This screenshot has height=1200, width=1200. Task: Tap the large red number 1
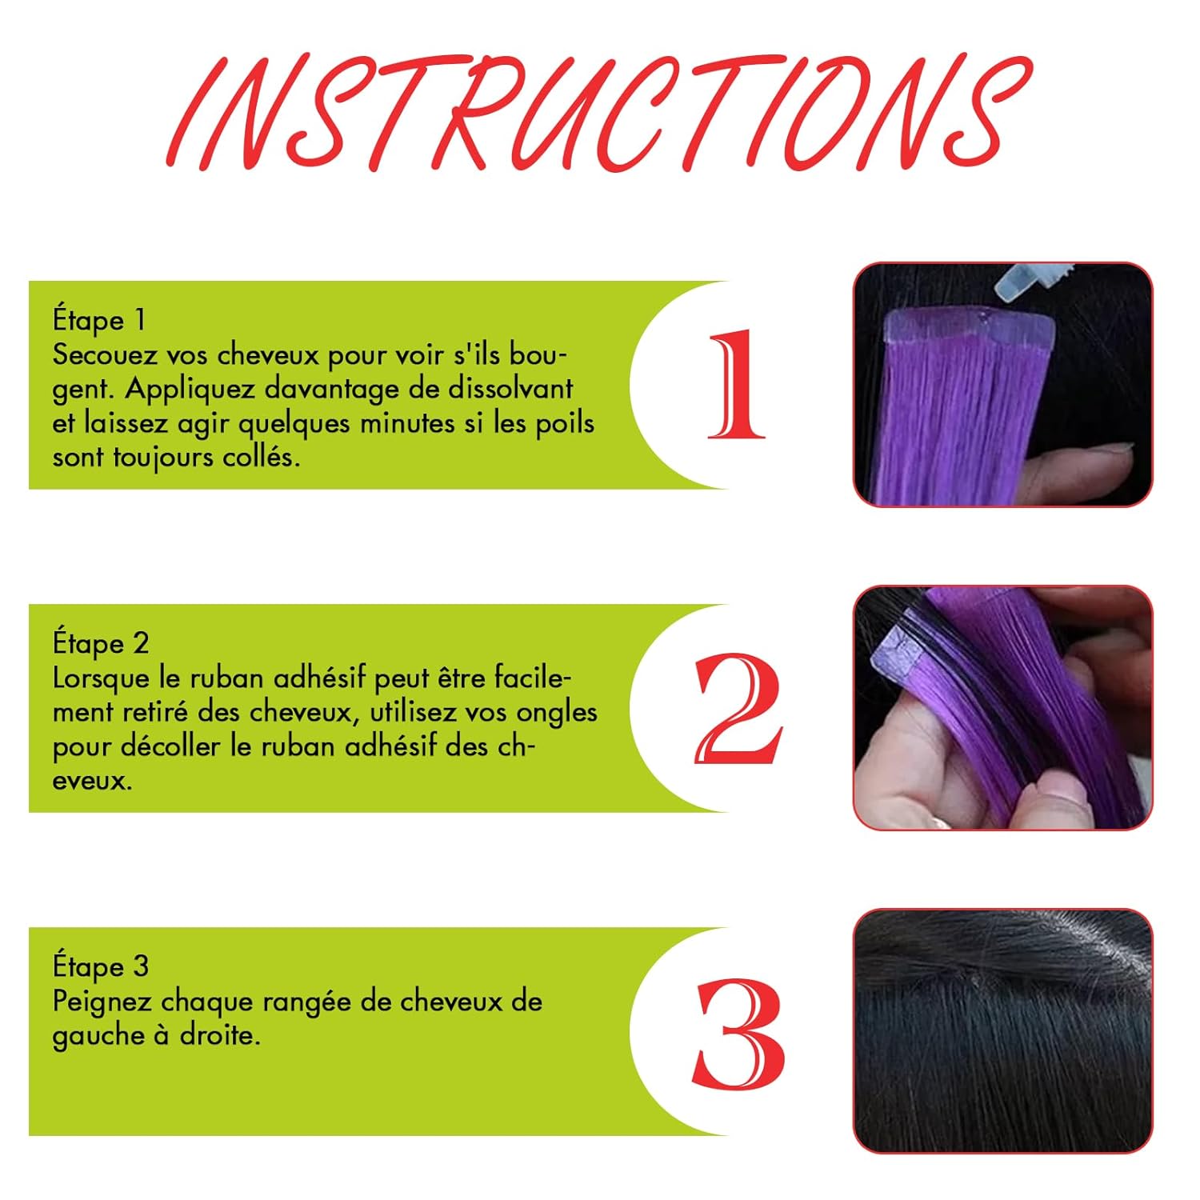[737, 385]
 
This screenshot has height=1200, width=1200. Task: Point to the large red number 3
[738, 1033]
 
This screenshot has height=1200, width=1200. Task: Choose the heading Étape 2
[101, 643]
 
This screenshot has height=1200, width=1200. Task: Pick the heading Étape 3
[101, 966]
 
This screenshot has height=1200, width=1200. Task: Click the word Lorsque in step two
[102, 678]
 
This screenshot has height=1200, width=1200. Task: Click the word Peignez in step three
[102, 1002]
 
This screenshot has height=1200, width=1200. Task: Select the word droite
[219, 1036]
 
